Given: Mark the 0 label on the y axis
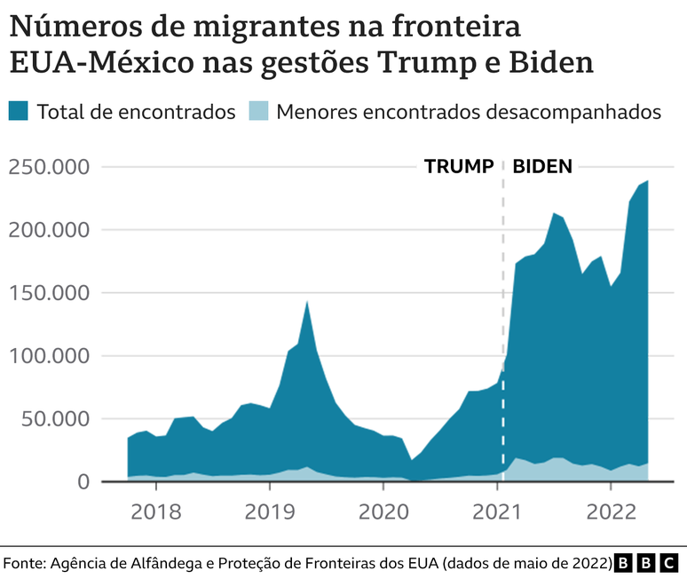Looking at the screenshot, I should pos(107,482).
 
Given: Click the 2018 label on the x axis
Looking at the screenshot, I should pos(155,513).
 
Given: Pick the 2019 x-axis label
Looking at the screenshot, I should pos(269,513).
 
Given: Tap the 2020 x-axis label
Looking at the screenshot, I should pos(383,513).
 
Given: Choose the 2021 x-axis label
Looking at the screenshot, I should pos(497,513).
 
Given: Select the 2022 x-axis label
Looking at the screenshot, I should pos(611,513).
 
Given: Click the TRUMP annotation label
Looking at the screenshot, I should pos(458,166).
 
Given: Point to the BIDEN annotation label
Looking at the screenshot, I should pos(542,166).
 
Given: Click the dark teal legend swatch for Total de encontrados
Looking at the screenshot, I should pos(19,112).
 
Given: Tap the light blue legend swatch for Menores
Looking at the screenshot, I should pos(258,112).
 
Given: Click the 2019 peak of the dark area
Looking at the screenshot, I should pos(307,302).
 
